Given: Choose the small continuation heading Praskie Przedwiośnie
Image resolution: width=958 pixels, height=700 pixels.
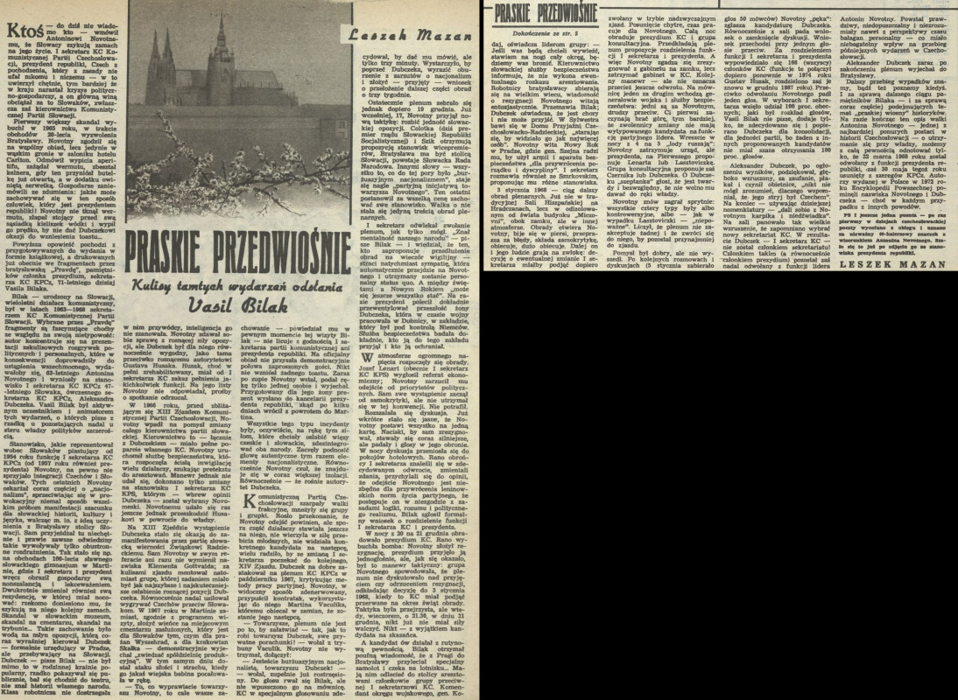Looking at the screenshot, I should tap(540, 12).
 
